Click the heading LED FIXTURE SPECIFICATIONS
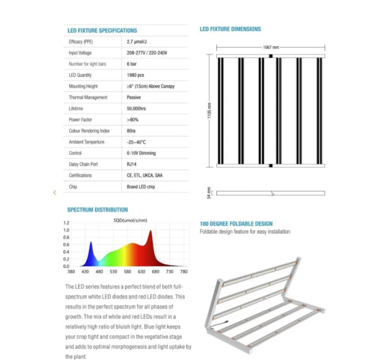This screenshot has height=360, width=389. pos(102,30)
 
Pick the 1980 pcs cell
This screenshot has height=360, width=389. pos(136,75)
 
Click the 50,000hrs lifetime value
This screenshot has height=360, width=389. pos(137,109)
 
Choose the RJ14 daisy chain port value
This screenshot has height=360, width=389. pos(132,165)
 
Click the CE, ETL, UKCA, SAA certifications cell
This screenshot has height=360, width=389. pos(145,175)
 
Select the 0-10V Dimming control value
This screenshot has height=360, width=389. pos(141,153)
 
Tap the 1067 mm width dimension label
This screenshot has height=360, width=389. pos(271,47)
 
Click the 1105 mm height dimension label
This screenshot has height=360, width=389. pos(209,111)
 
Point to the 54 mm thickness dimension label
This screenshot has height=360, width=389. pos(209,193)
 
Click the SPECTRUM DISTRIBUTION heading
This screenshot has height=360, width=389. pos(97,210)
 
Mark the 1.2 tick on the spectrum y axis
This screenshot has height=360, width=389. pos(66,223)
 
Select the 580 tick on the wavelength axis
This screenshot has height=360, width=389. pos(128,272)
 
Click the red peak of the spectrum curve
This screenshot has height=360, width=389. pos(150,231)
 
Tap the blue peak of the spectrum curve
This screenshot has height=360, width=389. pos(90,244)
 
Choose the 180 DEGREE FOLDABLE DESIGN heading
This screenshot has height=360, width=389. pos(236,223)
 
